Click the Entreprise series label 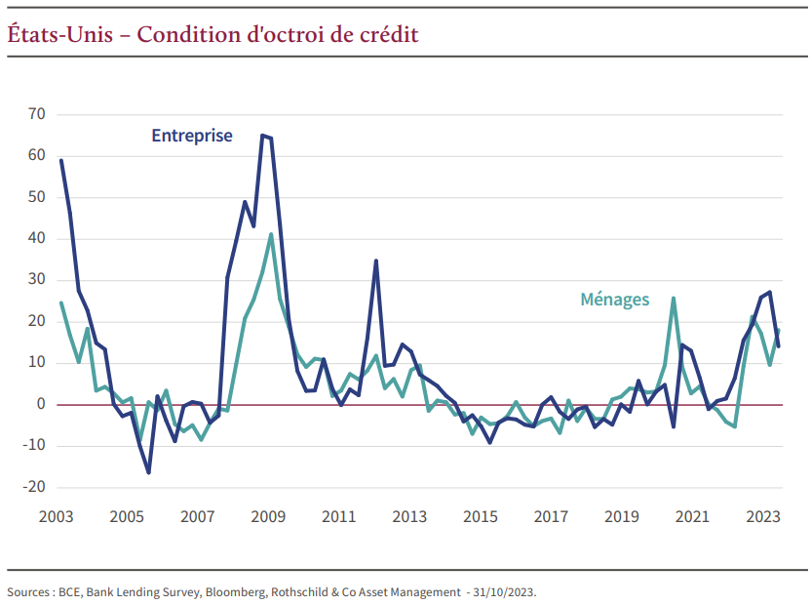[192, 136]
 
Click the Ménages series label [614, 300]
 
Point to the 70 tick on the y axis [37, 114]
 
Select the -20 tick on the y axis [34, 487]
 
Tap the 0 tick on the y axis [41, 404]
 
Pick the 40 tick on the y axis [37, 238]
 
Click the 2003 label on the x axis [56, 516]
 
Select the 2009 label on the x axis [268, 516]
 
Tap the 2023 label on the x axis [763, 516]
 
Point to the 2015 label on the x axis [480, 516]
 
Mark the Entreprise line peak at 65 [262, 136]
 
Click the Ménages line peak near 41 [271, 234]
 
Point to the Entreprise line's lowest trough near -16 [148, 472]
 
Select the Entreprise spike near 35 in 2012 [376, 261]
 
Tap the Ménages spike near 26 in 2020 [674, 299]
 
